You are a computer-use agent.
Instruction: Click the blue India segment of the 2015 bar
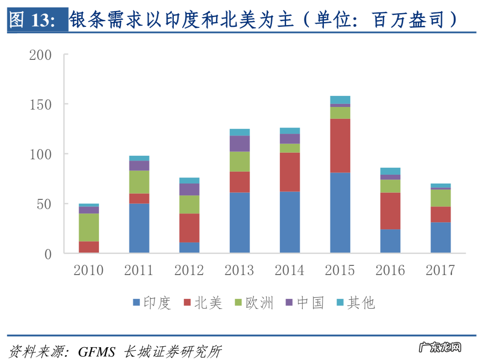tap(340, 212)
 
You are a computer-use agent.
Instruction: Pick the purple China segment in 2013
tap(240, 143)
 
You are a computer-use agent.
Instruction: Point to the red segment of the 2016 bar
tap(390, 211)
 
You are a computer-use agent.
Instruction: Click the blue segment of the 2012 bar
tap(190, 247)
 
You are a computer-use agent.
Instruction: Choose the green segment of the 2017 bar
tap(441, 198)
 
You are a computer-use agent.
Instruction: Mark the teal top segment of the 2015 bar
tap(340, 99)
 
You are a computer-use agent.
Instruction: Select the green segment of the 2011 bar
tap(139, 182)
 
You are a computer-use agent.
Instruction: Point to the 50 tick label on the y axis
tap(44, 204)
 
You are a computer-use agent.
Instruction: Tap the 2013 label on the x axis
tap(239, 270)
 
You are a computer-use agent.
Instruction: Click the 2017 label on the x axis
tap(441, 270)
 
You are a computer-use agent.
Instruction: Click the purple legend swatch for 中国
tap(289, 303)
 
